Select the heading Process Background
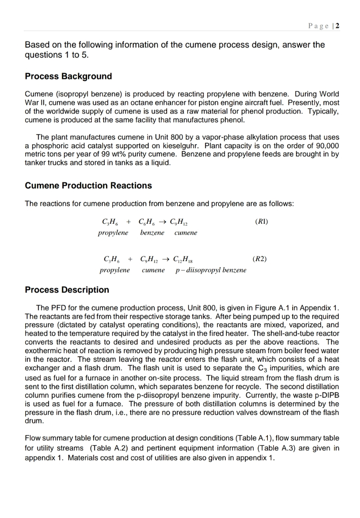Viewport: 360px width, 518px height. (68, 76)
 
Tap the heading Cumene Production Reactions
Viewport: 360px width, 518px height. (88, 186)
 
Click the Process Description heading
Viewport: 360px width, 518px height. (67, 290)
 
